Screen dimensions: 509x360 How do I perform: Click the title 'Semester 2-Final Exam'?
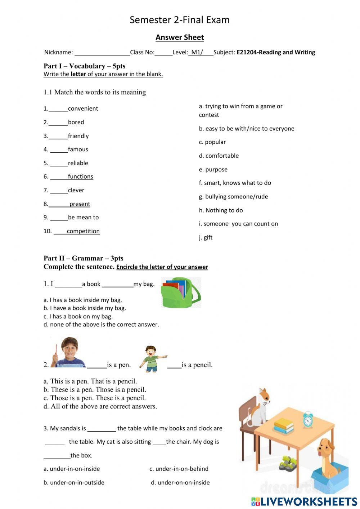(x=179, y=20)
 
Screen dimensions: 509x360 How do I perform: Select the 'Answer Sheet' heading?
(x=180, y=37)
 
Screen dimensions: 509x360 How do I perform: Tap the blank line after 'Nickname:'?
(x=102, y=53)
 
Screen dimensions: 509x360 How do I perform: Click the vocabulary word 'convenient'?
(x=83, y=108)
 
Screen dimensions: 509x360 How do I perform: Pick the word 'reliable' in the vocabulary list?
(x=78, y=163)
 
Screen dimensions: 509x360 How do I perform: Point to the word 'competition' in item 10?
(x=83, y=231)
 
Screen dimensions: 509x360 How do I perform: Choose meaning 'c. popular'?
(x=212, y=142)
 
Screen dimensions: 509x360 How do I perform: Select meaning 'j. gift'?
(x=206, y=237)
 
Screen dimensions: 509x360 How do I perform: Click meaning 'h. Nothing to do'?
(x=221, y=210)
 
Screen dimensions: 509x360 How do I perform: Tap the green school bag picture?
(x=181, y=293)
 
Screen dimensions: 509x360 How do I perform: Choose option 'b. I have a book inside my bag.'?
(x=85, y=308)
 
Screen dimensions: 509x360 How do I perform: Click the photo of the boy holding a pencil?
(x=68, y=352)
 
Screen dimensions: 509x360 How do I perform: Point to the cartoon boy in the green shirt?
(x=152, y=359)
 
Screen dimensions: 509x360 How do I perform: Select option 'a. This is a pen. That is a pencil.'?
(x=90, y=381)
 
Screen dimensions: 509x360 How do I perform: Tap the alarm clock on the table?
(x=308, y=419)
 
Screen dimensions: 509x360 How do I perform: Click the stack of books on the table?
(x=284, y=425)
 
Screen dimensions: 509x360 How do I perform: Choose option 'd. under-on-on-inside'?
(x=180, y=483)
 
